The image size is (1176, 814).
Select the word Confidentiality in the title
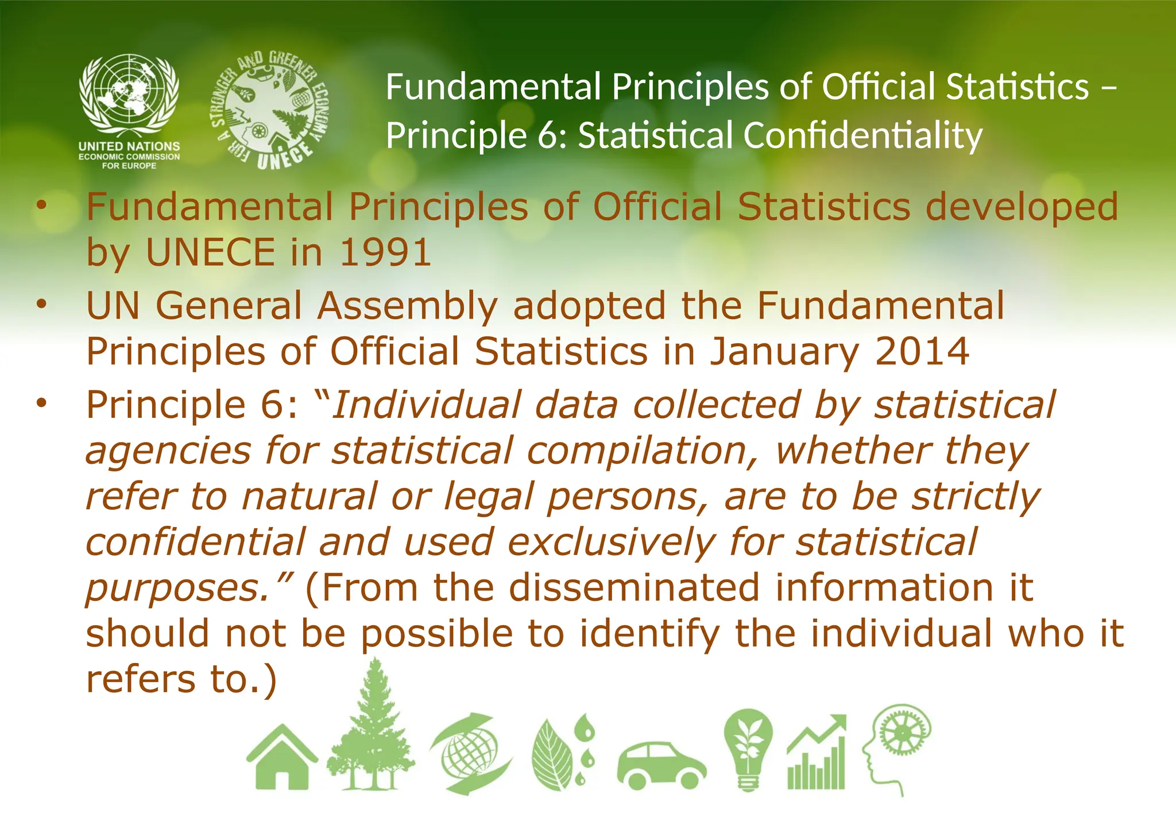[x=862, y=135]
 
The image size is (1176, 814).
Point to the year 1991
[x=385, y=252]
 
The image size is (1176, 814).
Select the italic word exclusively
[x=612, y=541]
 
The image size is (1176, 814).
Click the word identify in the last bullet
[x=649, y=633]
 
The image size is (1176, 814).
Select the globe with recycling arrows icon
[x=471, y=753]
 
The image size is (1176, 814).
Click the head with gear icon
[x=896, y=746]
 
